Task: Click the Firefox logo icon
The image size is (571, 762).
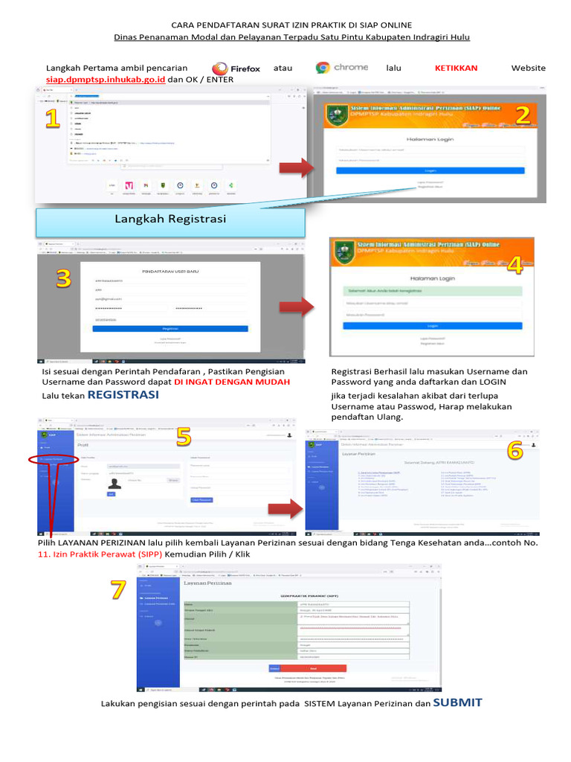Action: click(220, 68)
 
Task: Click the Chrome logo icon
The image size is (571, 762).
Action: click(323, 67)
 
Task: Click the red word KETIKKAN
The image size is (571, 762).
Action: click(456, 68)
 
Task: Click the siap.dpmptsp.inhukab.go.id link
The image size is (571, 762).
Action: click(106, 79)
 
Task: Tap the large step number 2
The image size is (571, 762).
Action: click(523, 115)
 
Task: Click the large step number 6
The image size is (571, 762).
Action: click(515, 449)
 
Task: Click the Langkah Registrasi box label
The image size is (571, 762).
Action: click(170, 219)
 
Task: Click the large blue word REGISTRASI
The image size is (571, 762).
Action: click(123, 395)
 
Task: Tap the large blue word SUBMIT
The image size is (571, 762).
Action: click(457, 702)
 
